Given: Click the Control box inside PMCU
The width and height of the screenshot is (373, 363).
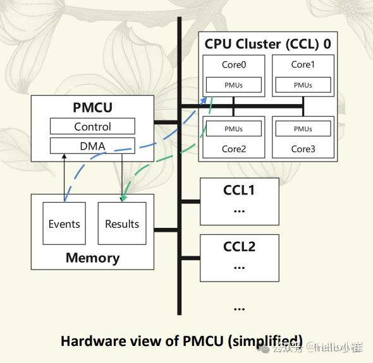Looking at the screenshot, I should (x=92, y=126).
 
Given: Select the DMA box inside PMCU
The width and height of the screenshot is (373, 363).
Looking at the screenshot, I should (x=92, y=146).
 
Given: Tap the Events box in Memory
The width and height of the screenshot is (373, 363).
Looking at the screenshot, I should (x=64, y=223).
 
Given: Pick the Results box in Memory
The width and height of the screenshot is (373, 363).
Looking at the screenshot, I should (x=122, y=223).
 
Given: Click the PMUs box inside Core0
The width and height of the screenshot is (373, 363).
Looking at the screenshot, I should (x=233, y=85).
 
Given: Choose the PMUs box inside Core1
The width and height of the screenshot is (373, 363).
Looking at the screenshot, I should (x=303, y=85).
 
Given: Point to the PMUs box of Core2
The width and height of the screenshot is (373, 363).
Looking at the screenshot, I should (x=233, y=129).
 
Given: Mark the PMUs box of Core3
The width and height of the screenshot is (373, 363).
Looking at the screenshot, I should (x=303, y=129).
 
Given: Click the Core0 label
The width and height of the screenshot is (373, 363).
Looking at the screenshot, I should (x=233, y=64).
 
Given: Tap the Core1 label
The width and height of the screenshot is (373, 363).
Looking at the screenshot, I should (x=303, y=64).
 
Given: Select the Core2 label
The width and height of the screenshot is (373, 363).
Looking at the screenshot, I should (x=233, y=149).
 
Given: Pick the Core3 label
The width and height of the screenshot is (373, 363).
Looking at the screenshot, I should (x=303, y=149).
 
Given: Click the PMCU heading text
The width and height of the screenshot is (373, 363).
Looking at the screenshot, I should (x=92, y=107).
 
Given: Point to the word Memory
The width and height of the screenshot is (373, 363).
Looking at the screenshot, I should (x=92, y=258).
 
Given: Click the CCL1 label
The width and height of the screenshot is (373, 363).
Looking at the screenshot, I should (x=239, y=189).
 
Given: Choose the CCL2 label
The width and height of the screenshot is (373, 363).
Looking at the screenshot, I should (x=239, y=246).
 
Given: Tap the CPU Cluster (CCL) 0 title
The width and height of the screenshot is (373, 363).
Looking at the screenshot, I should (x=267, y=44).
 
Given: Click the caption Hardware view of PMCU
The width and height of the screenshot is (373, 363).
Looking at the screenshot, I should (x=181, y=341).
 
